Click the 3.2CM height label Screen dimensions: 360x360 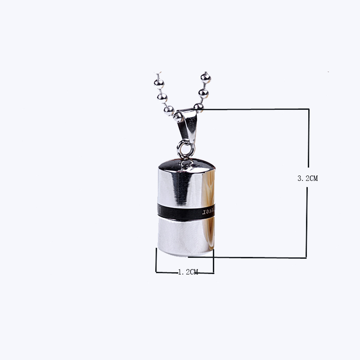tap(308, 178)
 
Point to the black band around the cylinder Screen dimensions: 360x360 tap(180, 210)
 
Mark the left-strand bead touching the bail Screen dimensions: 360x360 tap(169, 109)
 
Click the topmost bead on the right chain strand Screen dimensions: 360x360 tap(206, 78)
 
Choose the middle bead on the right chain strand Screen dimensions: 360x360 tap(203, 93)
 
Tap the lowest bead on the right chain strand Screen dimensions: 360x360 tap(198, 107)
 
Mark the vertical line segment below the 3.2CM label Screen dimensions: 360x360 tap(307, 220)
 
